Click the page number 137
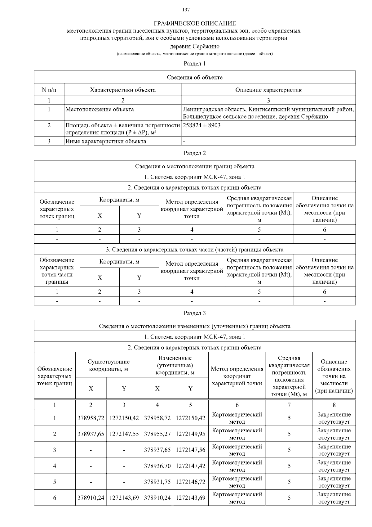coord(186,10)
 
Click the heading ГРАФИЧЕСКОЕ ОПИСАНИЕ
coord(195,24)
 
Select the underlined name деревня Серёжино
coord(195,47)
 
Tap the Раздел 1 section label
coord(195,64)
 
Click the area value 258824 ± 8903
coord(202,125)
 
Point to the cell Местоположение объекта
coord(100,109)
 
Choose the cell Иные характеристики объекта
coord(106,141)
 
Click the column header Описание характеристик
coord(268,90)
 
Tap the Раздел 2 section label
coord(195,153)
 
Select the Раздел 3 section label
coord(195,313)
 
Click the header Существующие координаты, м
coord(108,365)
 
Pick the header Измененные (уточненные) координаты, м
coord(175,365)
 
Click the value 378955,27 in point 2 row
coord(157,434)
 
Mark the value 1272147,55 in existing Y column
coord(124,434)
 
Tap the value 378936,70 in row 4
coord(157,466)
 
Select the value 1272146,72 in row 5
coord(190,482)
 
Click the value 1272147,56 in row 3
coord(190,450)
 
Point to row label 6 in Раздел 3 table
coord(55,498)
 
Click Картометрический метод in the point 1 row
coord(237,418)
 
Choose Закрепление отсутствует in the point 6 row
coord(334,498)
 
